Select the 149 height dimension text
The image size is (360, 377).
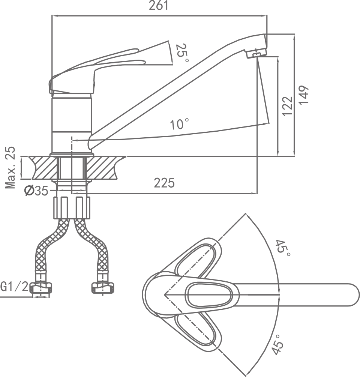click(304, 95)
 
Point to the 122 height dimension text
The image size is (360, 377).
click(287, 106)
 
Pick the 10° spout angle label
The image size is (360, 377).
click(179, 124)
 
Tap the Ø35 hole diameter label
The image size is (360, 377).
click(36, 191)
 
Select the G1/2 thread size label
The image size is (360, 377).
click(14, 287)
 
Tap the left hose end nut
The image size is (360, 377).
click(41, 288)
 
